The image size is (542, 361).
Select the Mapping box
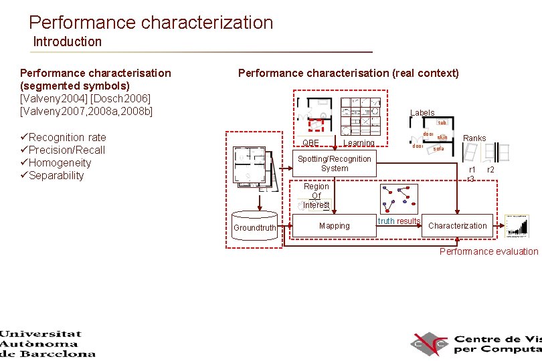pos(334,226)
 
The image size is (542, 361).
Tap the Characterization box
pos(458,226)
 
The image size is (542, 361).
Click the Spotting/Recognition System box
pos(334,164)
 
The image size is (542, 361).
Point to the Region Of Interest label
pos(316,196)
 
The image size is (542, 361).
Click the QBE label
pos(310,143)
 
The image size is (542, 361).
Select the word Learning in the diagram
pos(359,143)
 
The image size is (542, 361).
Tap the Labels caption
pos(422,113)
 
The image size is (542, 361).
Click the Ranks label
pos(474,138)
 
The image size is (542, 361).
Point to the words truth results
pos(399,221)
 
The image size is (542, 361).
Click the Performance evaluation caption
pos(488,251)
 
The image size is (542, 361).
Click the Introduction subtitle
pos(68,41)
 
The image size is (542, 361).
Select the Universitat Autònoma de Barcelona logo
pos(48,344)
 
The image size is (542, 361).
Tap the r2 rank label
pos(491,170)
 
